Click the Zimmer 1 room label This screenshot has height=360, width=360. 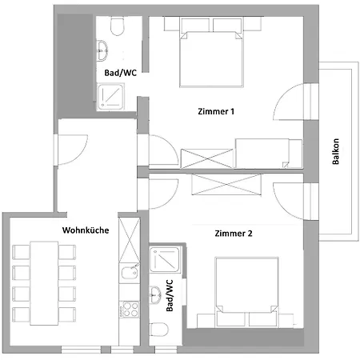pyautogui.click(x=215, y=112)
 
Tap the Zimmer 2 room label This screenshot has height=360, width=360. pyautogui.click(x=234, y=234)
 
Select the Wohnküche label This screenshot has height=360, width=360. pyautogui.click(x=85, y=230)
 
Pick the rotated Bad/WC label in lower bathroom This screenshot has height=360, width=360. pyautogui.click(x=169, y=295)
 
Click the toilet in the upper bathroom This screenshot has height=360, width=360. pyautogui.click(x=118, y=29)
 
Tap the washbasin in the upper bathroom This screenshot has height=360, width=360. pyautogui.click(x=105, y=49)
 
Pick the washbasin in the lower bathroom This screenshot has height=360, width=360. pyautogui.click(x=155, y=291)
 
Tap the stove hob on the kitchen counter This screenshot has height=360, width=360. pyautogui.click(x=126, y=309)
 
